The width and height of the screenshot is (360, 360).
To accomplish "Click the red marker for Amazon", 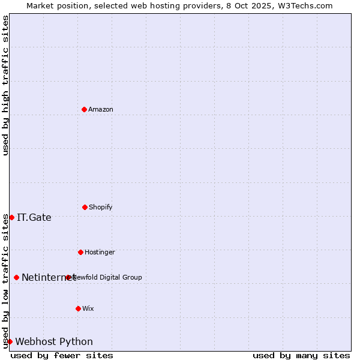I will [84, 109].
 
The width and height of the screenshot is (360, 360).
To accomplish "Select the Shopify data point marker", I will [85, 207].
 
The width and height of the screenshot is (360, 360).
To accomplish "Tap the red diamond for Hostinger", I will [80, 252].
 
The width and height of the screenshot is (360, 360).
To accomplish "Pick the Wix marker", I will [78, 308].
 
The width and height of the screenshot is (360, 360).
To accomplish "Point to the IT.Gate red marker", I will [11, 217].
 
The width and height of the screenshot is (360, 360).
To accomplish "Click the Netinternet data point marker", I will [16, 277].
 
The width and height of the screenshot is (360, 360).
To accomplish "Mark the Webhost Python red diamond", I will [10, 341].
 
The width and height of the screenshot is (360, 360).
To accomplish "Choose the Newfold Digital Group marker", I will [68, 277].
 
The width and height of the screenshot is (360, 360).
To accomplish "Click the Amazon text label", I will [101, 109].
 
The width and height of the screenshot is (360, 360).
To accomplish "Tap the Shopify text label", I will [101, 207].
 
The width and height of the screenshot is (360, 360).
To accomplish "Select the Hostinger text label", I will [100, 252].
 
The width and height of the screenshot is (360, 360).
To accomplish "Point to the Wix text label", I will [88, 308].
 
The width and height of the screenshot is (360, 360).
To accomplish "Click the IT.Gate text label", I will [34, 217].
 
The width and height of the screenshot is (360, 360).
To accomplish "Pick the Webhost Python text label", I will [54, 341].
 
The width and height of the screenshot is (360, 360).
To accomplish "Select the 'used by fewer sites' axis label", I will [62, 355].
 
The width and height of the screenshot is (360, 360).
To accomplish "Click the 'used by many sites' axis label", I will [301, 355].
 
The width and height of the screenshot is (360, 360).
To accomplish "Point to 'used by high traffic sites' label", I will [5, 85].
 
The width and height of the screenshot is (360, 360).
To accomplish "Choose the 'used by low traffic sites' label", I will [5, 281].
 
